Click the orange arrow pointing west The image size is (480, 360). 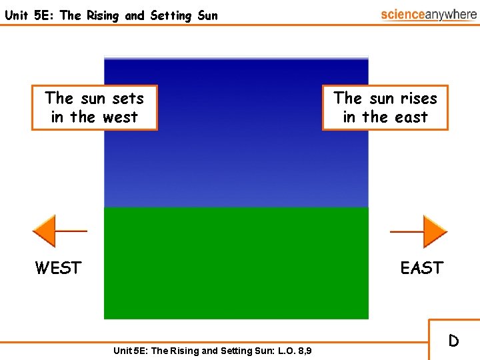(45, 231)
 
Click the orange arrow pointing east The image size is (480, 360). (434, 231)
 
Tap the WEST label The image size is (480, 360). (58, 268)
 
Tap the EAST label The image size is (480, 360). (421, 268)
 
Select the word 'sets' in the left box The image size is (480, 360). (128, 99)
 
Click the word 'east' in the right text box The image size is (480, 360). (411, 117)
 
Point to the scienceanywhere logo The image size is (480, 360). (429, 15)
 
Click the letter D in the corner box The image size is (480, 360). (453, 341)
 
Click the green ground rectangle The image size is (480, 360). (236, 263)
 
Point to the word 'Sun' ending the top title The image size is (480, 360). (207, 15)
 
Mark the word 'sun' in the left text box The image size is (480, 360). (93, 99)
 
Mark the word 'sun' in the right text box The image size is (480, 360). (381, 99)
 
